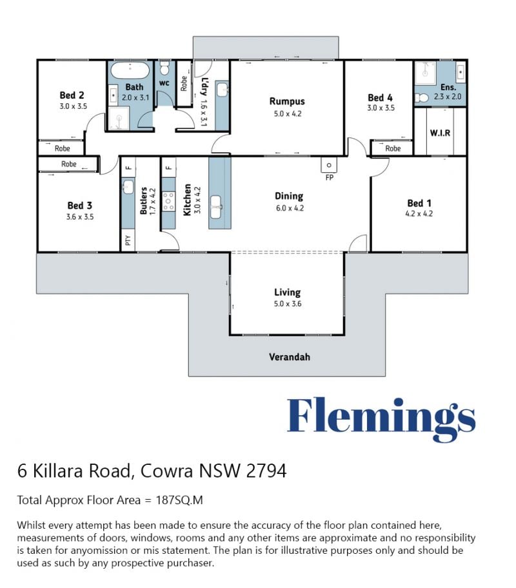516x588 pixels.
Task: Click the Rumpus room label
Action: click(287, 101)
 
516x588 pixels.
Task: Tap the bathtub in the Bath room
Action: click(130, 70)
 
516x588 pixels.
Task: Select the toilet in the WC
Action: click(164, 68)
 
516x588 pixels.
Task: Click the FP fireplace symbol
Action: click(329, 165)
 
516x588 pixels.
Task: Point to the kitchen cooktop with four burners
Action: click(168, 201)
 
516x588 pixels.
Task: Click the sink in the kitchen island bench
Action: click(216, 206)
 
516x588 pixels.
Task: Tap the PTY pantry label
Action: click(128, 240)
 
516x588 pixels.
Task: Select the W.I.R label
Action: click(440, 133)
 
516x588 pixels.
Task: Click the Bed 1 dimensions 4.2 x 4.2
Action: click(419, 214)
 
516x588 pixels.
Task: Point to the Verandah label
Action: click(290, 357)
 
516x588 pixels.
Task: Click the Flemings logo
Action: click(381, 419)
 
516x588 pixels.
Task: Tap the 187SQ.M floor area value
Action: click(179, 500)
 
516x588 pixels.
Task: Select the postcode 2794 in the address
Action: click(266, 471)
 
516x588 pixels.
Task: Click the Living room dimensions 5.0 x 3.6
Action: click(288, 304)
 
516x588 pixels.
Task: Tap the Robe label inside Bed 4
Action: click(393, 148)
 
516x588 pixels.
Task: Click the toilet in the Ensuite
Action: click(422, 98)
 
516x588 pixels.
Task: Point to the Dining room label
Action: click(289, 196)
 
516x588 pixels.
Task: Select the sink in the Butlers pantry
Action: click(128, 186)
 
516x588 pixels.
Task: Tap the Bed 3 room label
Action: click(79, 206)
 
